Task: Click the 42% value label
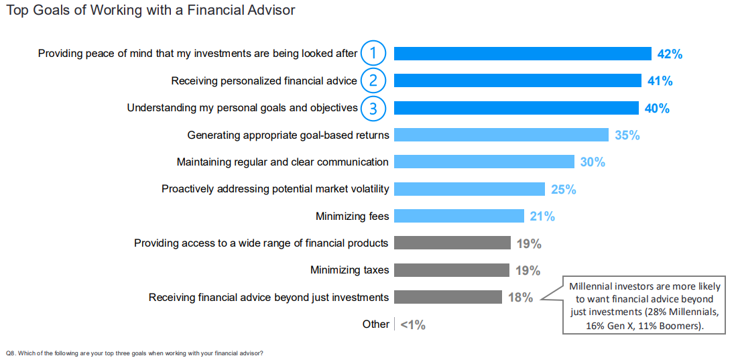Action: coord(670,54)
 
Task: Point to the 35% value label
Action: coord(627,135)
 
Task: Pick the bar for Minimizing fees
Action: coord(459,216)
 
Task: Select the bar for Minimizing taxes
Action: coord(452,270)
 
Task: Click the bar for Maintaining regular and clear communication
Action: coord(485,162)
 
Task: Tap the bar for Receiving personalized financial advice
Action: coord(517,81)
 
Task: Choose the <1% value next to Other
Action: coord(413,324)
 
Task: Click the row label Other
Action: coord(375,324)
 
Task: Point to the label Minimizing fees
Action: coord(353,217)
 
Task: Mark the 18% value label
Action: coord(521,298)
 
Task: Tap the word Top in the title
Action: coord(17,10)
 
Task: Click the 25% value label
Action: coord(563,190)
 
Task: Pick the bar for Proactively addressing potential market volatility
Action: coord(469,189)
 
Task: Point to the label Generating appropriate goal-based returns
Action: coord(288,135)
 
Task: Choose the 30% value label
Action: coord(593,162)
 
